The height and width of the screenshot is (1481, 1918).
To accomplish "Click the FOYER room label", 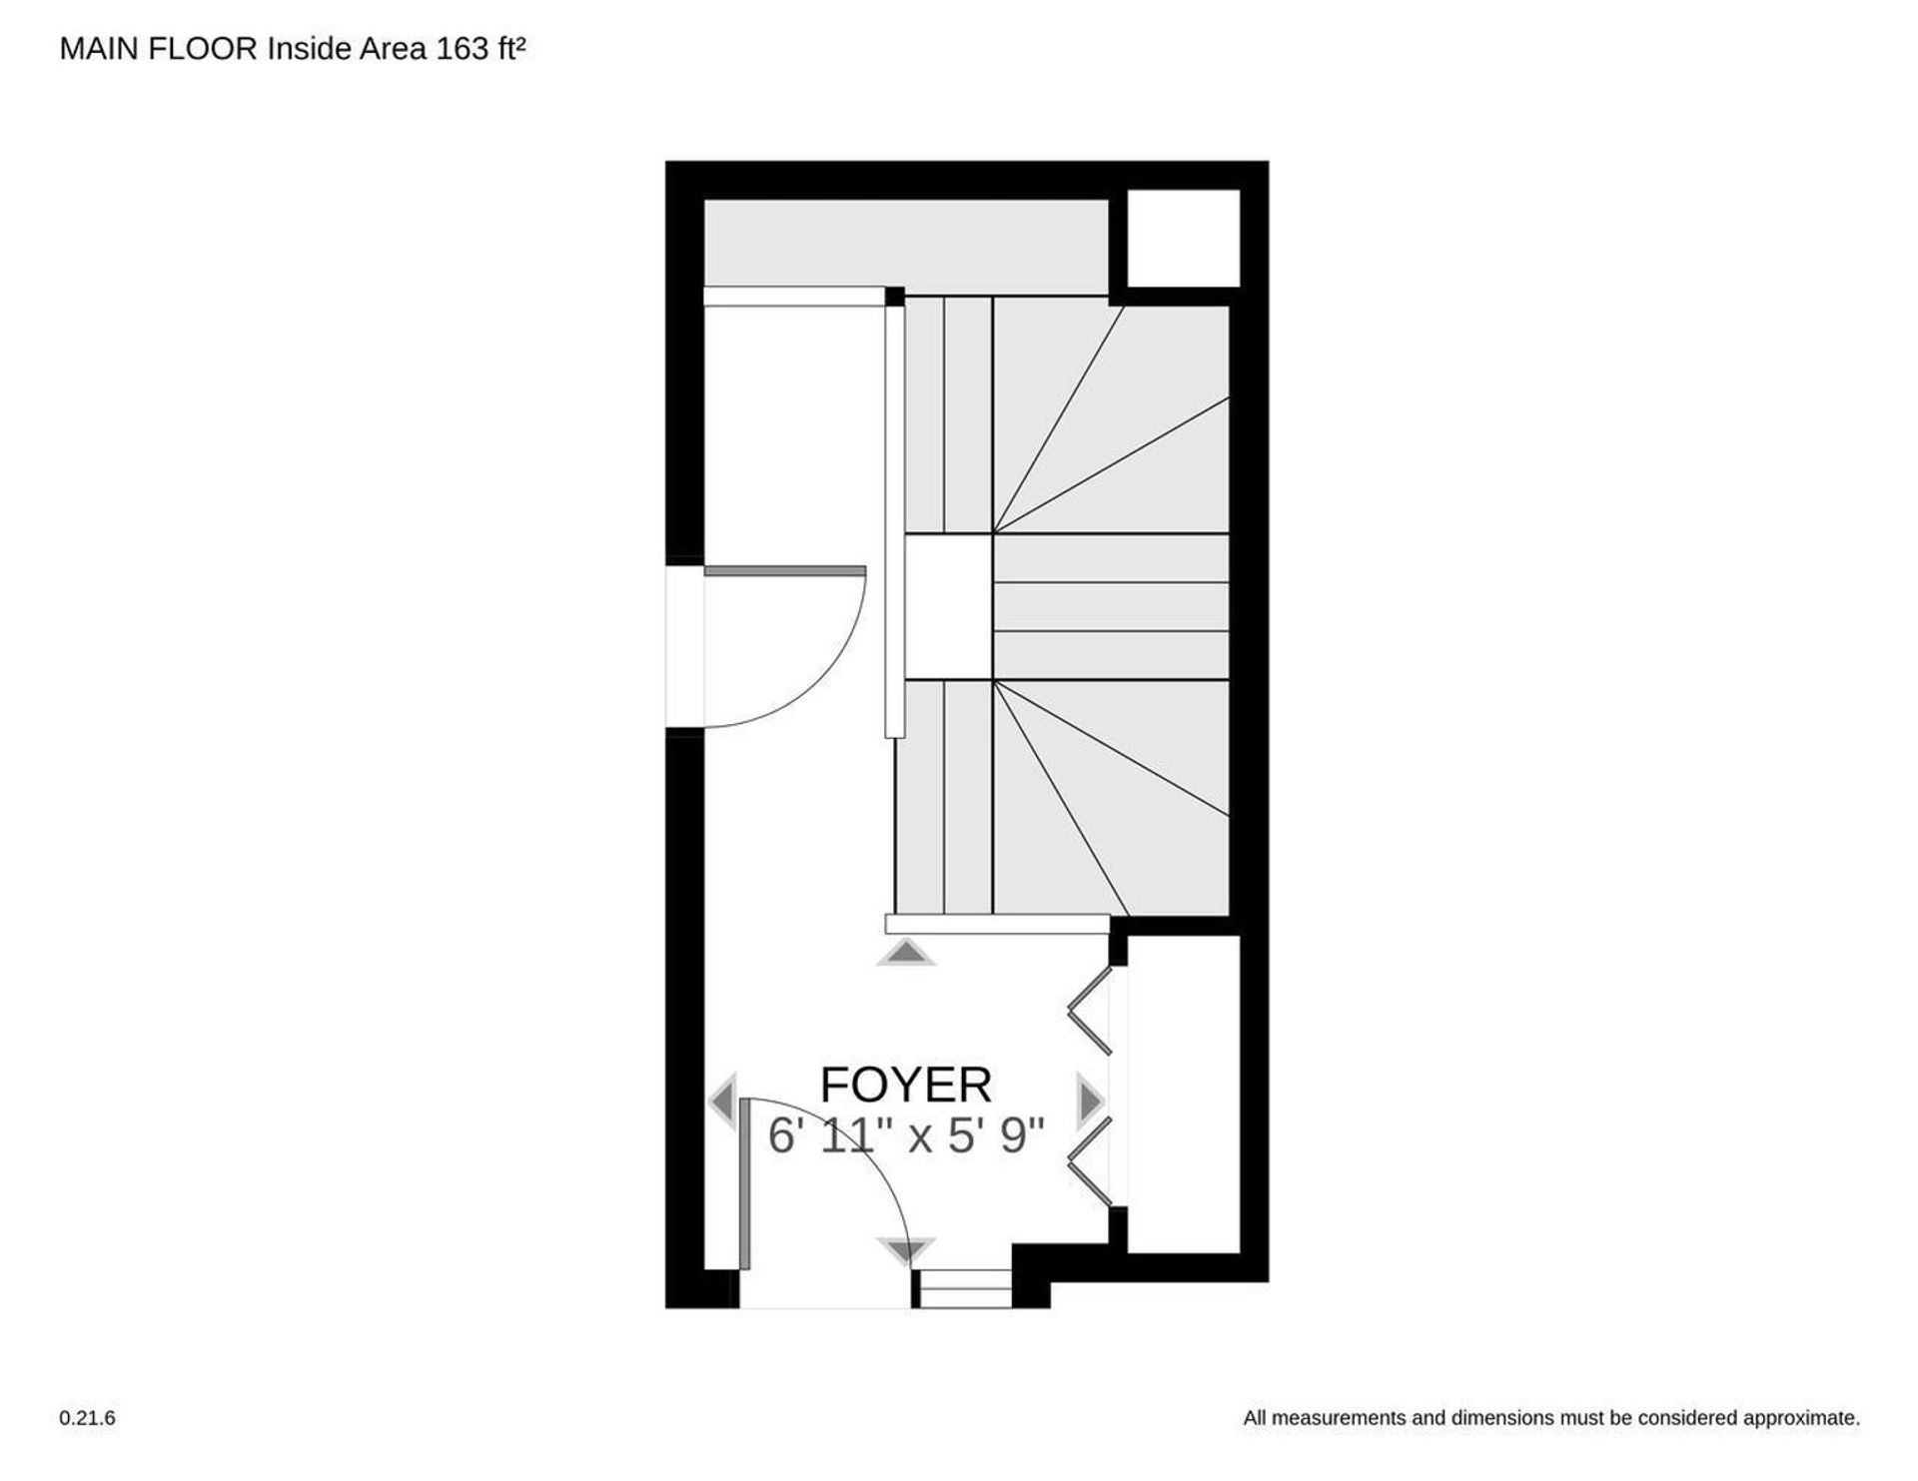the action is point(906,1085).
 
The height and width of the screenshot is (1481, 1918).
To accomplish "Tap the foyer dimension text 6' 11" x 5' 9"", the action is point(906,1135).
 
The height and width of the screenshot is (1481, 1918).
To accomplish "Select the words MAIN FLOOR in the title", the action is point(159,50).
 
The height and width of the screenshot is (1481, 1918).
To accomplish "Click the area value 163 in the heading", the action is point(462,50).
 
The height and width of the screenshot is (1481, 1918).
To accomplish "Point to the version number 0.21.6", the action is point(88,1417).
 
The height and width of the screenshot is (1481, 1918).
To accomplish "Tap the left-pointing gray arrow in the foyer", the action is point(722,1103).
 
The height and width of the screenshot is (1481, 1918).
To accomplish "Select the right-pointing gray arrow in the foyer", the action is point(1089,1103).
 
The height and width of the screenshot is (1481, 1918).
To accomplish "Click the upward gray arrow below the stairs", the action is point(906,953).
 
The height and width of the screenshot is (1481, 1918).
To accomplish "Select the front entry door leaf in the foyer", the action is point(745,1184).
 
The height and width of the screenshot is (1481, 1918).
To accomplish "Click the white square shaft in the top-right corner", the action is point(1184,239).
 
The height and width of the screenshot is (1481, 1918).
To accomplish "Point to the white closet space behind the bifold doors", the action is point(1184,1093).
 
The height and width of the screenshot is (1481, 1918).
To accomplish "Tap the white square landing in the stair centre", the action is point(948,607).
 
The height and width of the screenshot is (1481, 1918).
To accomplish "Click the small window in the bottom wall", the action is point(965,1288).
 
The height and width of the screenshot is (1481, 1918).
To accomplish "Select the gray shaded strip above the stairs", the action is point(906,243).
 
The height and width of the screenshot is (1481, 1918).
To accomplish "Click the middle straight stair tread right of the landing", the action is point(1111,607).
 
